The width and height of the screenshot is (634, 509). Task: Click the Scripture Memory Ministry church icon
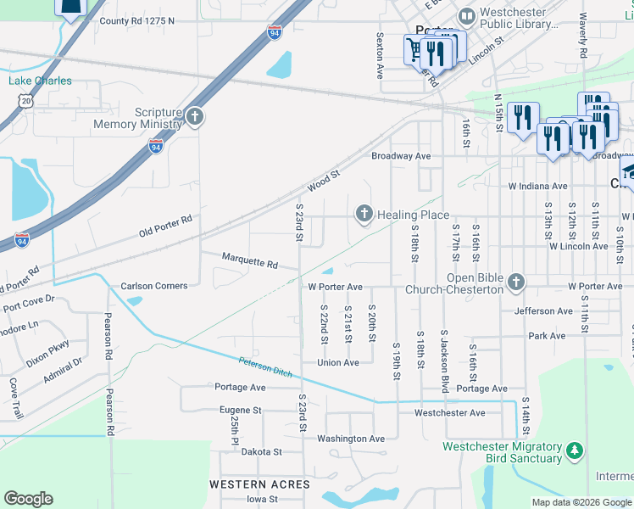click(x=195, y=117)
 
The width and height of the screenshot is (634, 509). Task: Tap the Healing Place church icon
click(x=364, y=214)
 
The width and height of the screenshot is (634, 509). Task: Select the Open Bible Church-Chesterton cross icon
click(x=516, y=280)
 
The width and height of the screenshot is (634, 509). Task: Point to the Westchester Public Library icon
click(x=466, y=16)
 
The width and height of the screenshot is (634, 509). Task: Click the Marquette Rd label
click(x=249, y=263)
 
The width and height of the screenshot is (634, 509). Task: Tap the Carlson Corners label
click(x=153, y=286)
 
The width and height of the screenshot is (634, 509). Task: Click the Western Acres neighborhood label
click(x=252, y=484)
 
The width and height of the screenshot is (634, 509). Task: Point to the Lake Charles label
click(x=40, y=81)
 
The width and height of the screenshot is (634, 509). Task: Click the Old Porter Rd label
click(x=166, y=227)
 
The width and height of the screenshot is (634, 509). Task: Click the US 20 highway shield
click(x=26, y=101)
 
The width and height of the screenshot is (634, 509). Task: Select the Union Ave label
click(x=338, y=362)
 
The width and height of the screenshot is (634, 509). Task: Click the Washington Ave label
click(x=351, y=439)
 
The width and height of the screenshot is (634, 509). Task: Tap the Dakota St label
click(x=260, y=452)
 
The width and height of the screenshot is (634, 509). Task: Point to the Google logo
click(x=28, y=499)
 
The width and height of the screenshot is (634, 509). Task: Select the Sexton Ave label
click(x=381, y=56)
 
